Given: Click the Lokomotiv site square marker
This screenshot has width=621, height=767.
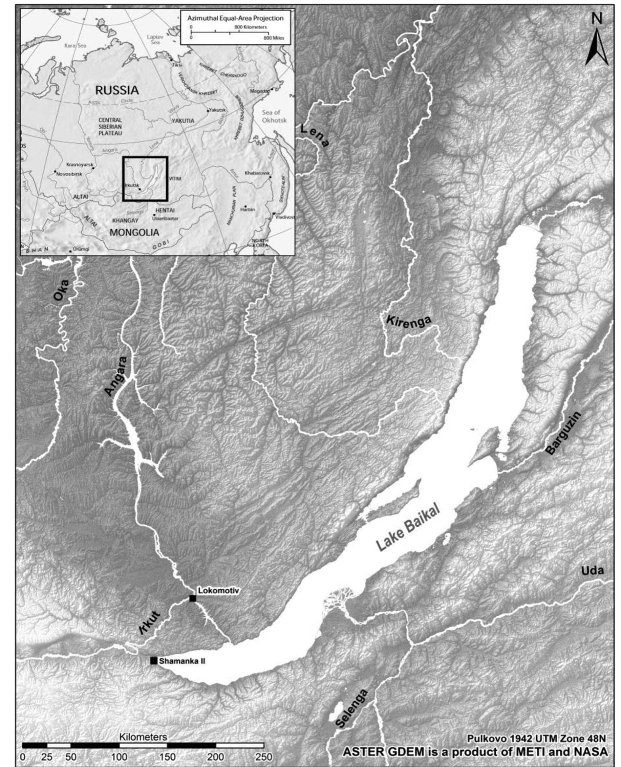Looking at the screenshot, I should pyautogui.click(x=192, y=598).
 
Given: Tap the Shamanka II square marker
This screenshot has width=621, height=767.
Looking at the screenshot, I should pyautogui.click(x=154, y=661).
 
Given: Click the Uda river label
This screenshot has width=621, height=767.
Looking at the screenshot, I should pyautogui.click(x=592, y=571).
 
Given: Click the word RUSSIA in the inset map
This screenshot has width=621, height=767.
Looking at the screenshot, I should pyautogui.click(x=116, y=90).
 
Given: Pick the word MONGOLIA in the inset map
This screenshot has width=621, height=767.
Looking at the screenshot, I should pyautogui.click(x=134, y=233).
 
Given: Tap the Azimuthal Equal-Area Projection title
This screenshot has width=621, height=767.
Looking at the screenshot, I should pyautogui.click(x=235, y=18).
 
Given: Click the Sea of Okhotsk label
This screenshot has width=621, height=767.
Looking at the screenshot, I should pyautogui.click(x=274, y=116).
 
